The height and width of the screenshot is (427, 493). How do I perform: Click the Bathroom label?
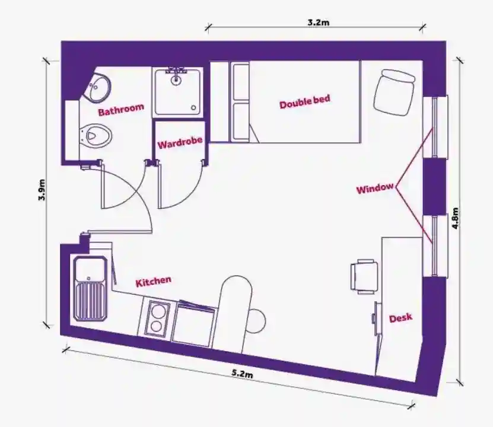tap(121, 109)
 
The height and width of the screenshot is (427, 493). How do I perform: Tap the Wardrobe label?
tap(180, 143)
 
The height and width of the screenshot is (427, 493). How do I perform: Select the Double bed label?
tap(305, 101)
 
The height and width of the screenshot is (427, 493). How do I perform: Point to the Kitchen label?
tap(154, 282)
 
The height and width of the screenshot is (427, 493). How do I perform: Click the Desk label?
tap(400, 318)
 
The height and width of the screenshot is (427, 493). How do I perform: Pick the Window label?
tap(375, 188)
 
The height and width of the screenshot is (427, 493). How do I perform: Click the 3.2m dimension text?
tap(318, 23)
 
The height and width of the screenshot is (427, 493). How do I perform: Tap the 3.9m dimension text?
tap(42, 189)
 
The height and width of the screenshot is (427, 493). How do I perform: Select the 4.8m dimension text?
tap(455, 218)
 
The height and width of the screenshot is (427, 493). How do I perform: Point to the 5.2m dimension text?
tap(243, 374)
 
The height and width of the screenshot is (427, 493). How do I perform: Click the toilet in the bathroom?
tap(96, 136)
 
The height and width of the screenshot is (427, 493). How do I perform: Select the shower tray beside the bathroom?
tap(177, 92)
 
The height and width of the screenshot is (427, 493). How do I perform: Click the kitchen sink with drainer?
tap(90, 288)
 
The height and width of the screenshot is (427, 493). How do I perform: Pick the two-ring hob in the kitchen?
tap(156, 318)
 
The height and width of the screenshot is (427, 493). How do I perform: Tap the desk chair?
tap(364, 276)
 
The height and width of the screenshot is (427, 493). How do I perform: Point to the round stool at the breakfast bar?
tap(256, 321)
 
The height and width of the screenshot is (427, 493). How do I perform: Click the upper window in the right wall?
tap(435, 128)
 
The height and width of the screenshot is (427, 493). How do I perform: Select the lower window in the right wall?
tap(435, 246)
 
